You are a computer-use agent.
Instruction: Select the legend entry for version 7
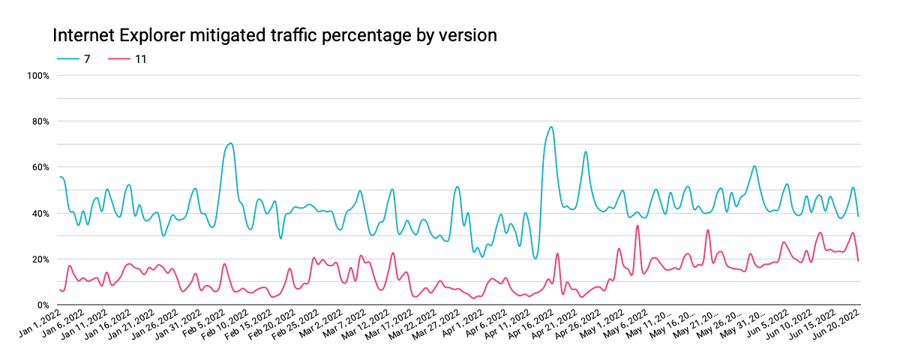[x=75, y=58]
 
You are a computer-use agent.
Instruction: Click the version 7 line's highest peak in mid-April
[x=551, y=127]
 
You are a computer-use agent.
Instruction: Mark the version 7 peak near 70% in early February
[x=230, y=143]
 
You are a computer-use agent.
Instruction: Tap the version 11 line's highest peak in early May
[x=637, y=226]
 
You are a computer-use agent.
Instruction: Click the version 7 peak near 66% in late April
[x=585, y=152]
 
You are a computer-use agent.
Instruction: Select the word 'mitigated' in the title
[x=199, y=35]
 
